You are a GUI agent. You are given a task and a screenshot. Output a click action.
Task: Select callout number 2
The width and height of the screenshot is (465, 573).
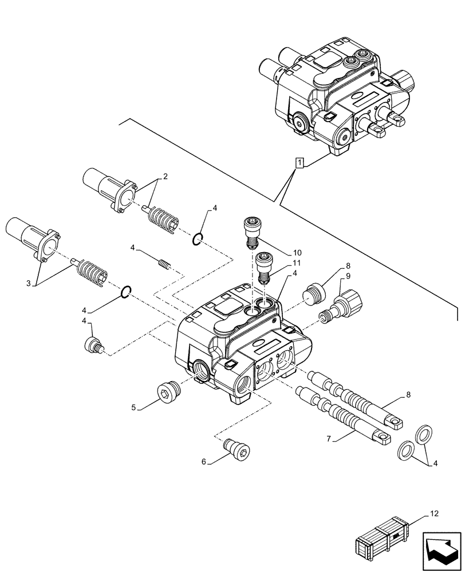point(164,177)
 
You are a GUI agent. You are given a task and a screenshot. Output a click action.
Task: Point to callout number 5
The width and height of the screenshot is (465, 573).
point(134,408)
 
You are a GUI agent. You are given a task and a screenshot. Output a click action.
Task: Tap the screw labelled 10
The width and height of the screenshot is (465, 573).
point(251,231)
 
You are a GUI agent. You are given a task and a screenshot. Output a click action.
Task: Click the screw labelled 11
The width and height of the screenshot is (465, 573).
point(263,266)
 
